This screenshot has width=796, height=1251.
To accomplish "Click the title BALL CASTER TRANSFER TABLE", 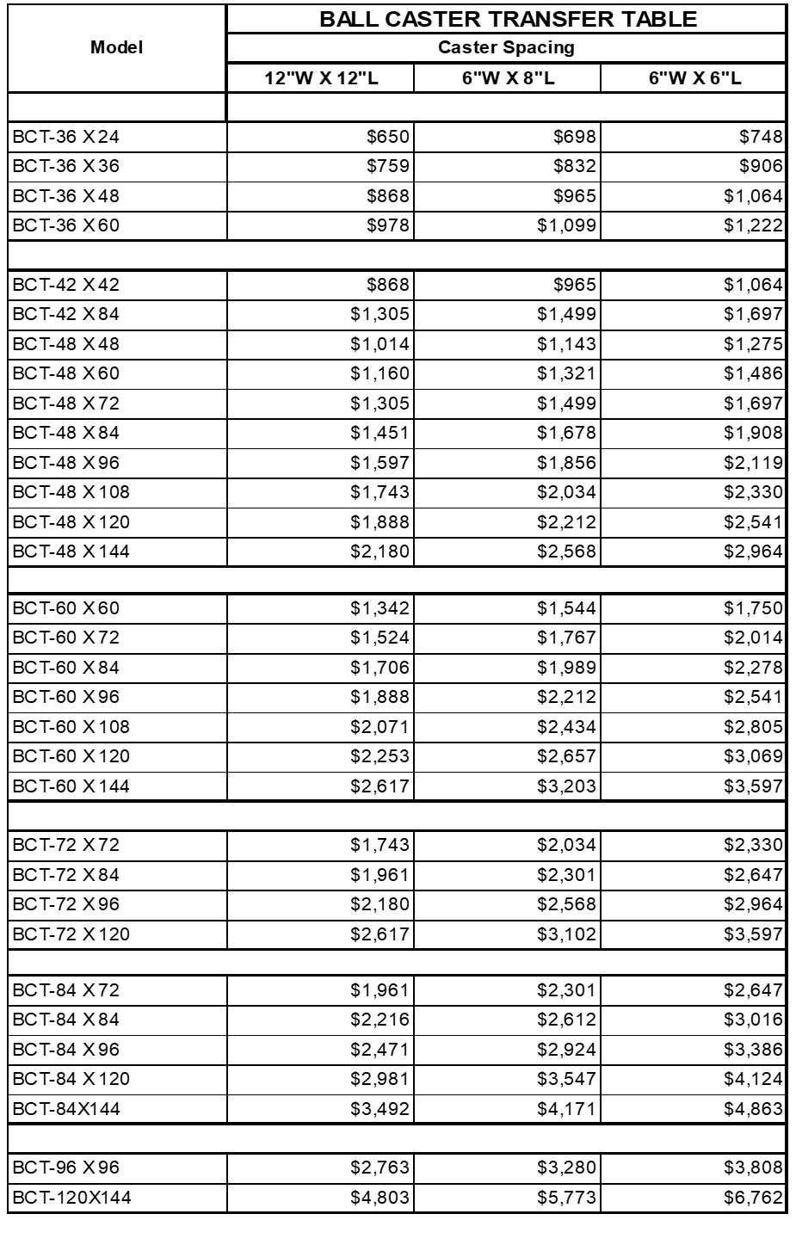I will point(508,19).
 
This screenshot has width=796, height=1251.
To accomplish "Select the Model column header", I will point(116,47).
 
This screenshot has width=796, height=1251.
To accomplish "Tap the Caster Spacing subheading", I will point(506,47).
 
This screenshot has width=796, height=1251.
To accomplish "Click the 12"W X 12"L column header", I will point(321,78).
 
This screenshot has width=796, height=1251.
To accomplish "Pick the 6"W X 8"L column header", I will point(508,78).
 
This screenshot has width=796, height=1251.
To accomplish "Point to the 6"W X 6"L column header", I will point(694,78).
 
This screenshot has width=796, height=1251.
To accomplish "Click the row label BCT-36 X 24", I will point(66,137).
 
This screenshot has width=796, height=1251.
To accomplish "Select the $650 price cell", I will point(388,137).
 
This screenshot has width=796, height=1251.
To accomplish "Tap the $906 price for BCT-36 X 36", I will point(761,166).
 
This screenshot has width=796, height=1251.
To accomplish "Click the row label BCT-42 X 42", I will point(66,285).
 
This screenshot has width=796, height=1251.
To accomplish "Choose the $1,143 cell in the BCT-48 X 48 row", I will point(566,344).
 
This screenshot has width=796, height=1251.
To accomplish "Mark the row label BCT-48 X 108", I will point(71,492).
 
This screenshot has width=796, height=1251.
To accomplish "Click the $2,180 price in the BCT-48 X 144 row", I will point(379,552).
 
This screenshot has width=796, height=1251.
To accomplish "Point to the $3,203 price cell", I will point(566,786).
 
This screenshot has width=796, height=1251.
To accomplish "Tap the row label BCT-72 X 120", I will point(71,934).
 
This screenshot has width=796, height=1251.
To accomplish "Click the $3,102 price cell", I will point(566,934).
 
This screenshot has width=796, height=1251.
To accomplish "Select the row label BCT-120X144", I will point(72,1198).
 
